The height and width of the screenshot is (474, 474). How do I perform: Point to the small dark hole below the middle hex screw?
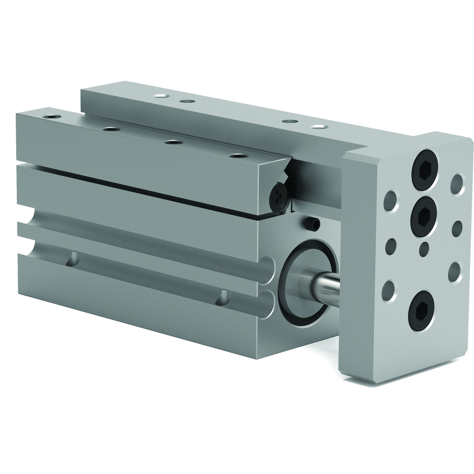click(424, 249)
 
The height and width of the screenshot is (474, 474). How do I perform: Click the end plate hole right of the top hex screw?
click(457, 184)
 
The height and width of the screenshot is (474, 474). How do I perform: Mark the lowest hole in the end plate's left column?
click(388, 291)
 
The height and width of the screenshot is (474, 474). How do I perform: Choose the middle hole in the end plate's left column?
click(390, 246)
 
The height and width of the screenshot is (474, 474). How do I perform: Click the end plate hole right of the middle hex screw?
click(457, 229)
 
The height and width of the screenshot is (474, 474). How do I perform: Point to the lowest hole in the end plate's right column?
click(455, 273)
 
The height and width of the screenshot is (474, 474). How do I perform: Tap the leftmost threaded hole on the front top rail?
click(52, 117)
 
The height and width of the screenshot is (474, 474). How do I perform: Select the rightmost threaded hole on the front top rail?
click(238, 155)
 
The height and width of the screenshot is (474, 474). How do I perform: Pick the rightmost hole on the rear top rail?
click(319, 127)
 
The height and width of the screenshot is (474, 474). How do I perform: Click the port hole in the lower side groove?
click(223, 298)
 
